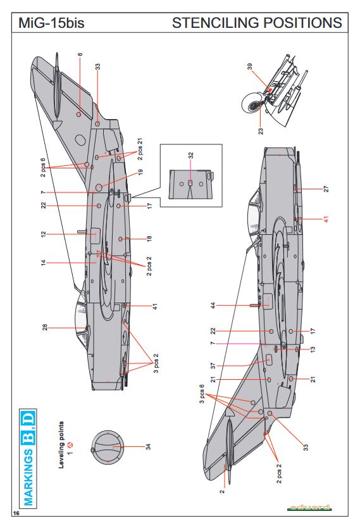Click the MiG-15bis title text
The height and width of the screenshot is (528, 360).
click(x=51, y=23)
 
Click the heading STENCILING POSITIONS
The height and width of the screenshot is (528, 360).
click(x=257, y=23)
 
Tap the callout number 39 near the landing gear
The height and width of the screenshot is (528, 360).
click(x=250, y=66)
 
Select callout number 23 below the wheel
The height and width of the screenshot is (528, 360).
click(x=261, y=131)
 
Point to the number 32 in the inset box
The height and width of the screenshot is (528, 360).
click(x=191, y=156)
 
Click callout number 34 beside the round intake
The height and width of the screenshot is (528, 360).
click(x=148, y=447)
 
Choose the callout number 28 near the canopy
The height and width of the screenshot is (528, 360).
click(x=45, y=327)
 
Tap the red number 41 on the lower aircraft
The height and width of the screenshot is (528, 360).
click(x=326, y=219)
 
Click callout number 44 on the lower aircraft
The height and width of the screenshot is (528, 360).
click(x=213, y=306)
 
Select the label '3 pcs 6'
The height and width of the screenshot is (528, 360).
click(x=202, y=394)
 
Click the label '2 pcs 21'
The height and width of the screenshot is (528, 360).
click(x=140, y=149)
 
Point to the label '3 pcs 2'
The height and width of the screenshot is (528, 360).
click(x=156, y=363)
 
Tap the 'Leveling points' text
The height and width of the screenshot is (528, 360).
click(x=61, y=445)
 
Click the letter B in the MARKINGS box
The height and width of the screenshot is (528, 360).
click(x=29, y=437)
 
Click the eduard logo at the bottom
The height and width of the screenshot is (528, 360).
click(x=309, y=508)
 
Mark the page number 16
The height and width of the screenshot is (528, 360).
click(x=16, y=513)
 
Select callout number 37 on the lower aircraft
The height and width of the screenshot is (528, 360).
click(x=213, y=366)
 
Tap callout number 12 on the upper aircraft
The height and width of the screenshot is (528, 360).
click(x=43, y=234)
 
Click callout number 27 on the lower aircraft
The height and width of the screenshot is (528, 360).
click(x=326, y=189)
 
